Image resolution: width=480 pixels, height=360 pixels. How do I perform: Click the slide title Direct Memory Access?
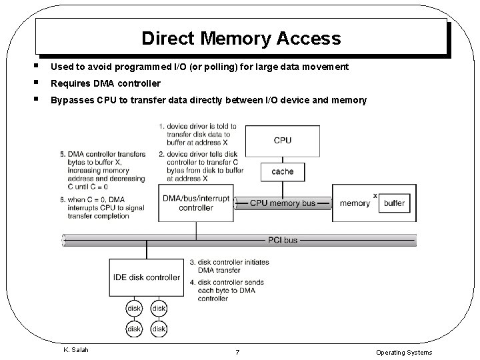coord(241,38)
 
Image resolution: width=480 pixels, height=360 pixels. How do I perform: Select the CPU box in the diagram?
coord(282,141)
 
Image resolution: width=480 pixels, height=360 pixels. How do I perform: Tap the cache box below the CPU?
coord(282,171)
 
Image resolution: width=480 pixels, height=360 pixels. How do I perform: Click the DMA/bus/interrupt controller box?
coord(196,203)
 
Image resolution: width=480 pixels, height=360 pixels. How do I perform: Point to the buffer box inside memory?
coord(394,203)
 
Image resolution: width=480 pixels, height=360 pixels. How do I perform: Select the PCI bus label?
coord(282,239)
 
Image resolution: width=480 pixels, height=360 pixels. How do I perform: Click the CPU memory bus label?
coord(282,203)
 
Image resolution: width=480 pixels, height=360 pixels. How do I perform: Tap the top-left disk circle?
coord(134,309)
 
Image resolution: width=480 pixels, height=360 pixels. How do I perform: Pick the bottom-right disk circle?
coord(159,329)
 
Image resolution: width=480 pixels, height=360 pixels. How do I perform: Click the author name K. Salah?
coord(76,350)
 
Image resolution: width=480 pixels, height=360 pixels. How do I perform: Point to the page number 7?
coord(237,352)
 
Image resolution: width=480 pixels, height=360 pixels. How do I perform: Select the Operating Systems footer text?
coord(403,352)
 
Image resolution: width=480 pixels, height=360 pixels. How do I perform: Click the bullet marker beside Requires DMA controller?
coord(42,83)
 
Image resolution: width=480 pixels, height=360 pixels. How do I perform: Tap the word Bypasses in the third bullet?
coord(71,100)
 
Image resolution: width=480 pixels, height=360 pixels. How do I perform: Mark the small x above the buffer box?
coord(375,195)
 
